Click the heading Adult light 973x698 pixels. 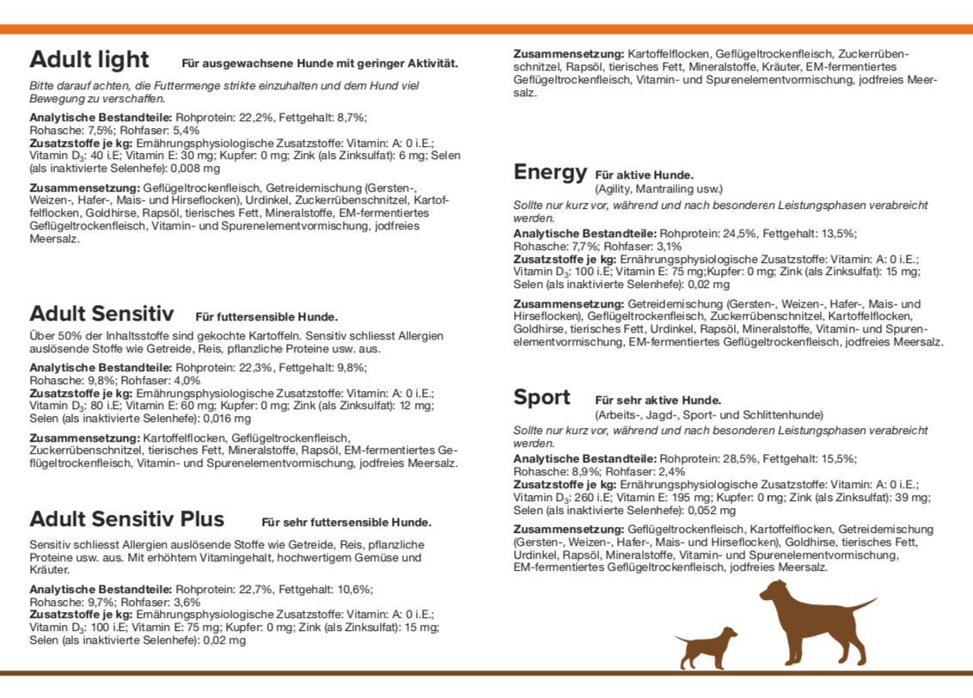(89, 59)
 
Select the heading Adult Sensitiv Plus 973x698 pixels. (126, 519)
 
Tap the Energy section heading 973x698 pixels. (550, 172)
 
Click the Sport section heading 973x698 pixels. (542, 397)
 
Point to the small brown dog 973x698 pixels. (707, 646)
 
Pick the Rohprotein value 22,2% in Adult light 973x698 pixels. (250, 117)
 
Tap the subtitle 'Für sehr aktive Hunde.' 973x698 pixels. (658, 401)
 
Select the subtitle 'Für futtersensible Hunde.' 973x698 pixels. (266, 316)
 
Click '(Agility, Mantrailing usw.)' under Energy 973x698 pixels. (659, 188)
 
